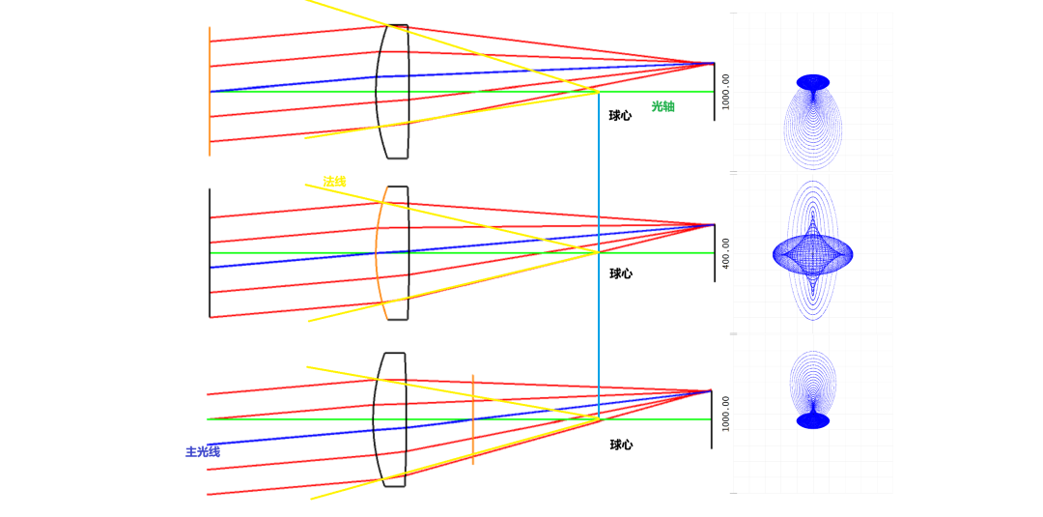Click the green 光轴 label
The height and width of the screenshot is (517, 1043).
coord(662,106)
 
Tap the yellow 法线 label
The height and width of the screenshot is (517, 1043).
coord(334,182)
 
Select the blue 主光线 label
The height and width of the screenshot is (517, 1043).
coord(203,451)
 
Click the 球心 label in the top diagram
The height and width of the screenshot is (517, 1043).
coord(620,116)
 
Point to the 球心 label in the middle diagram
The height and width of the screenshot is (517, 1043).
coord(621,274)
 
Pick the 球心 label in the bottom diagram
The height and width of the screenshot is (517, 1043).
coord(621,445)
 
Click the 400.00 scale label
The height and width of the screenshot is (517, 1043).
coord(726,253)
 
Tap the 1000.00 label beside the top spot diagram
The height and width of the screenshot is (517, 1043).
coord(726,92)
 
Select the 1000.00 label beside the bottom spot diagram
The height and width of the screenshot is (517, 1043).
coord(726,414)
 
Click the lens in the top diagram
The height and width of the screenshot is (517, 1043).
coord(394,92)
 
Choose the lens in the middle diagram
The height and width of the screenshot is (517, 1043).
coord(394,253)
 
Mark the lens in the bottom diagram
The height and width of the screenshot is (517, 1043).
coord(391,419)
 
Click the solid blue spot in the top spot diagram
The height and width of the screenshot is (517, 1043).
coord(813,83)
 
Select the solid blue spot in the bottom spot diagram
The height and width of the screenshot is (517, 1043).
coord(813,420)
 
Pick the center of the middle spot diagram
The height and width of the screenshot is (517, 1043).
coord(812,255)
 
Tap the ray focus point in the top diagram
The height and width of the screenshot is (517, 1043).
coord(713,64)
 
